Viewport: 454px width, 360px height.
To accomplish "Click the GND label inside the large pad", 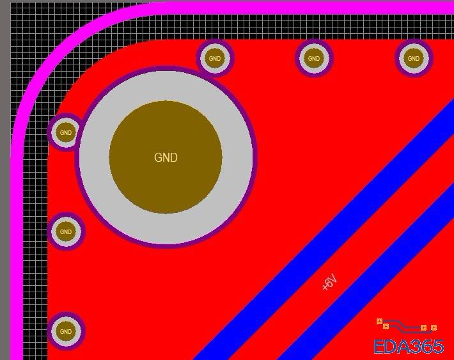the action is pos(166,157).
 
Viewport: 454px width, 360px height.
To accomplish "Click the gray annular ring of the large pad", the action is pos(166,86).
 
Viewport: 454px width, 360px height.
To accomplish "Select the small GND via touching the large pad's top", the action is pos(215,58).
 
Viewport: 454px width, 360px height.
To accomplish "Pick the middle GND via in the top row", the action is pos(314,58).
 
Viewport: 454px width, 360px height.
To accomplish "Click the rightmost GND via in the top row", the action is pos(414,58).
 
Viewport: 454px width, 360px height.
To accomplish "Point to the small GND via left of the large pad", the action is pos(66,132).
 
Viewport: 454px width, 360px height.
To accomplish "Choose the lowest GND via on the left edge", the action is pos(66,331).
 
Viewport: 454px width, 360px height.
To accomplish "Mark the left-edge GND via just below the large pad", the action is pos(66,231).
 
